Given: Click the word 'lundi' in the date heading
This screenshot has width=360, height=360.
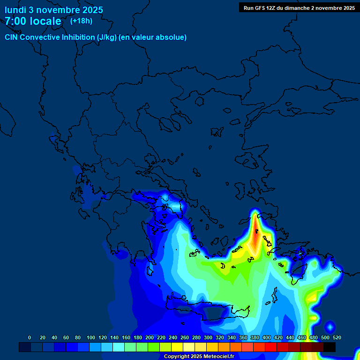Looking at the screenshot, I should [15, 10].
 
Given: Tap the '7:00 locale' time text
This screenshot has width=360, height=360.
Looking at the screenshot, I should [33, 21].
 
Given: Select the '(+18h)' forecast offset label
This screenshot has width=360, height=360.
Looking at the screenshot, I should [81, 21].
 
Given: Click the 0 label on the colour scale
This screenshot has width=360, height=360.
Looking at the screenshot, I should [30, 337].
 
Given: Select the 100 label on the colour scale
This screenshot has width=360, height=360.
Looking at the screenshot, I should [91, 337].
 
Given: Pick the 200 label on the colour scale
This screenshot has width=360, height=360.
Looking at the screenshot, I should [150, 337].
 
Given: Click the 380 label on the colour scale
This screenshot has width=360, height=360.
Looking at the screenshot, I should [255, 337].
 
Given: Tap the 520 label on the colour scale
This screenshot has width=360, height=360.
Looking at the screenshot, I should [337, 337].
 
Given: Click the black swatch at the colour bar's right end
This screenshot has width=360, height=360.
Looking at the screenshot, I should [330, 347].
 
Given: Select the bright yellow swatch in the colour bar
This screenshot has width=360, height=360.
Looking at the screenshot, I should [177, 347].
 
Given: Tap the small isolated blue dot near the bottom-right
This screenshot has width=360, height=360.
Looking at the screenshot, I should [330, 326].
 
